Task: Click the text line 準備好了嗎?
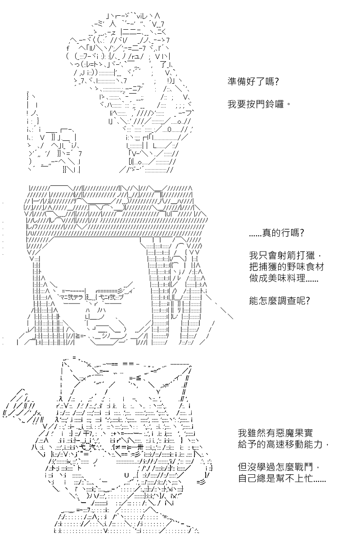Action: [253, 82]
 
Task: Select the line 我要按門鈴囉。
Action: [259, 104]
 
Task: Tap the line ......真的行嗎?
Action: [276, 233]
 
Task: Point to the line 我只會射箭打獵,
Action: [285, 255]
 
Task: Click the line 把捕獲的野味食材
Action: [287, 267]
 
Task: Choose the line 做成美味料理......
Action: [283, 279]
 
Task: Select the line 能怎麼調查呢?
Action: [279, 301]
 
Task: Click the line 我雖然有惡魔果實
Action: [275, 433]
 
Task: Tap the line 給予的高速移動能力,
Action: [283, 444]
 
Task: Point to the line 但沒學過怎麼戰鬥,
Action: [279, 467]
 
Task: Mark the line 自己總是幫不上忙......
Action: [282, 478]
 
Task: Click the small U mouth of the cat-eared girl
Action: [126, 475]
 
